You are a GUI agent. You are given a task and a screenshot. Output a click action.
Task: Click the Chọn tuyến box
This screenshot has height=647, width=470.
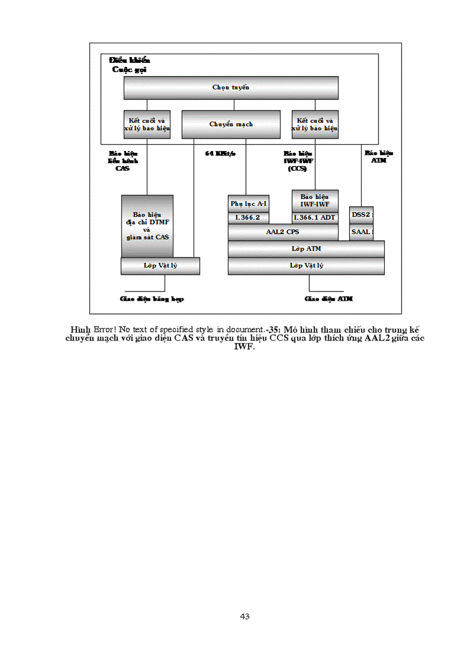point(230,88)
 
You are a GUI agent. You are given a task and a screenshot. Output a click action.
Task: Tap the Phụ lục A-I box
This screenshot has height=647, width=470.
point(248,204)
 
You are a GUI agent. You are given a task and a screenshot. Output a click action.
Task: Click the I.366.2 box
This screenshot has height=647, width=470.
point(248,218)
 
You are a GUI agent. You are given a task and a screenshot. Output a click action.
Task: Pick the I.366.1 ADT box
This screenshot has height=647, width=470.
point(314,218)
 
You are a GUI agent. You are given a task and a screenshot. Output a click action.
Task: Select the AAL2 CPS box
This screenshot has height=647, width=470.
point(283,232)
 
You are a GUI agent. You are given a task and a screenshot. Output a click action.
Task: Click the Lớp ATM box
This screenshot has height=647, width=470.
point(306,249)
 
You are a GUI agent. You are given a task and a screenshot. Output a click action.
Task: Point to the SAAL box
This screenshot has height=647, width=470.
point(361,232)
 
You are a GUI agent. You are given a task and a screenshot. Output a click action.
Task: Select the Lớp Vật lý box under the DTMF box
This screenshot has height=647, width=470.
point(160,266)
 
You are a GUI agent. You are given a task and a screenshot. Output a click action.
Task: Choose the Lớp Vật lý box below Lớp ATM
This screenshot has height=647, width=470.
point(306,266)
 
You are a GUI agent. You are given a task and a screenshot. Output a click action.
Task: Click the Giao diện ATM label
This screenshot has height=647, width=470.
point(328,299)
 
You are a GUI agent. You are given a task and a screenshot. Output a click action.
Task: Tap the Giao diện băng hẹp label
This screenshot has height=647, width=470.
point(151,299)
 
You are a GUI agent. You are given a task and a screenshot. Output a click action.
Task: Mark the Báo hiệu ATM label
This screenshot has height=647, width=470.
point(378,157)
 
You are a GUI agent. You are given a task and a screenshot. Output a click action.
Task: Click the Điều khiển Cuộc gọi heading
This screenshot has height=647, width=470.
point(130,64)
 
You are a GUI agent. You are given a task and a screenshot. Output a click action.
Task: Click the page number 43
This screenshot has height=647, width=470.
point(244,616)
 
